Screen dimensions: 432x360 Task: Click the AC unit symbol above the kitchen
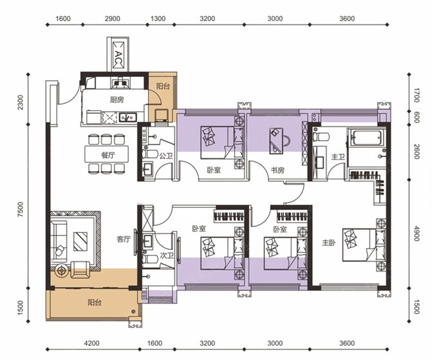tap(119, 55)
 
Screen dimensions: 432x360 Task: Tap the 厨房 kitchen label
tap(117, 100)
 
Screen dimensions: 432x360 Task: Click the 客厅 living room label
tap(123, 239)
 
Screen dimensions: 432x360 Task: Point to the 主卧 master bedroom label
tap(329, 243)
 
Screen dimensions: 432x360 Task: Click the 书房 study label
tap(277, 170)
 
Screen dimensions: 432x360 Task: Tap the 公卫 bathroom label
tap(166, 156)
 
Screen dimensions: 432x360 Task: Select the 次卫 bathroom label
tap(167, 255)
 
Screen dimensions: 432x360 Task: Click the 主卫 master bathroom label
tap(338, 157)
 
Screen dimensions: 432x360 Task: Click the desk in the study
tap(276, 140)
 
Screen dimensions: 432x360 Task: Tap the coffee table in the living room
tap(80, 241)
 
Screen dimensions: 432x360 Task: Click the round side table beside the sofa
tap(61, 271)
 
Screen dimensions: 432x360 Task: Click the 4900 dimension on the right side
tap(417, 234)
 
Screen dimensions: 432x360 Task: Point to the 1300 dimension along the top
tap(159, 19)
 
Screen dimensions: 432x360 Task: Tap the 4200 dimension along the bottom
tap(92, 343)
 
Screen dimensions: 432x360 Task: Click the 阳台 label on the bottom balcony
tap(95, 303)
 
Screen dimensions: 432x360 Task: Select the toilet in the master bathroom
tap(321, 136)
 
